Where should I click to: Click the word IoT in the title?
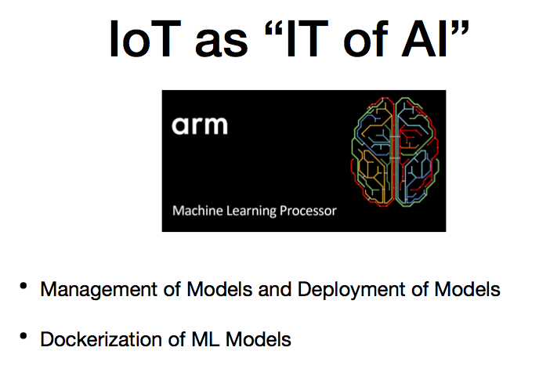tap(145, 38)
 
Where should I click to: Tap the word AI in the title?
tap(425, 38)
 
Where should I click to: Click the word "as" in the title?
tap(222, 43)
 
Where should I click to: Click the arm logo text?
tap(200, 125)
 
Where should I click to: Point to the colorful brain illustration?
tap(395, 151)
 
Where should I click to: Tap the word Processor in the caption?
tap(308, 211)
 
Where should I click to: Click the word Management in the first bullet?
tap(99, 290)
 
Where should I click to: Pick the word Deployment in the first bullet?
tap(352, 290)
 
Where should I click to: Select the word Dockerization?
tap(101, 339)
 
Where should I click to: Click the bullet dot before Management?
tap(24, 286)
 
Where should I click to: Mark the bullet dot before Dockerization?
tap(24, 336)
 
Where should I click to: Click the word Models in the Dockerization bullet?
tap(259, 339)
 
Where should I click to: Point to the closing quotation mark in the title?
tap(459, 27)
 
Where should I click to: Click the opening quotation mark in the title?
tap(273, 27)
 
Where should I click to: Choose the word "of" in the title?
tap(366, 38)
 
